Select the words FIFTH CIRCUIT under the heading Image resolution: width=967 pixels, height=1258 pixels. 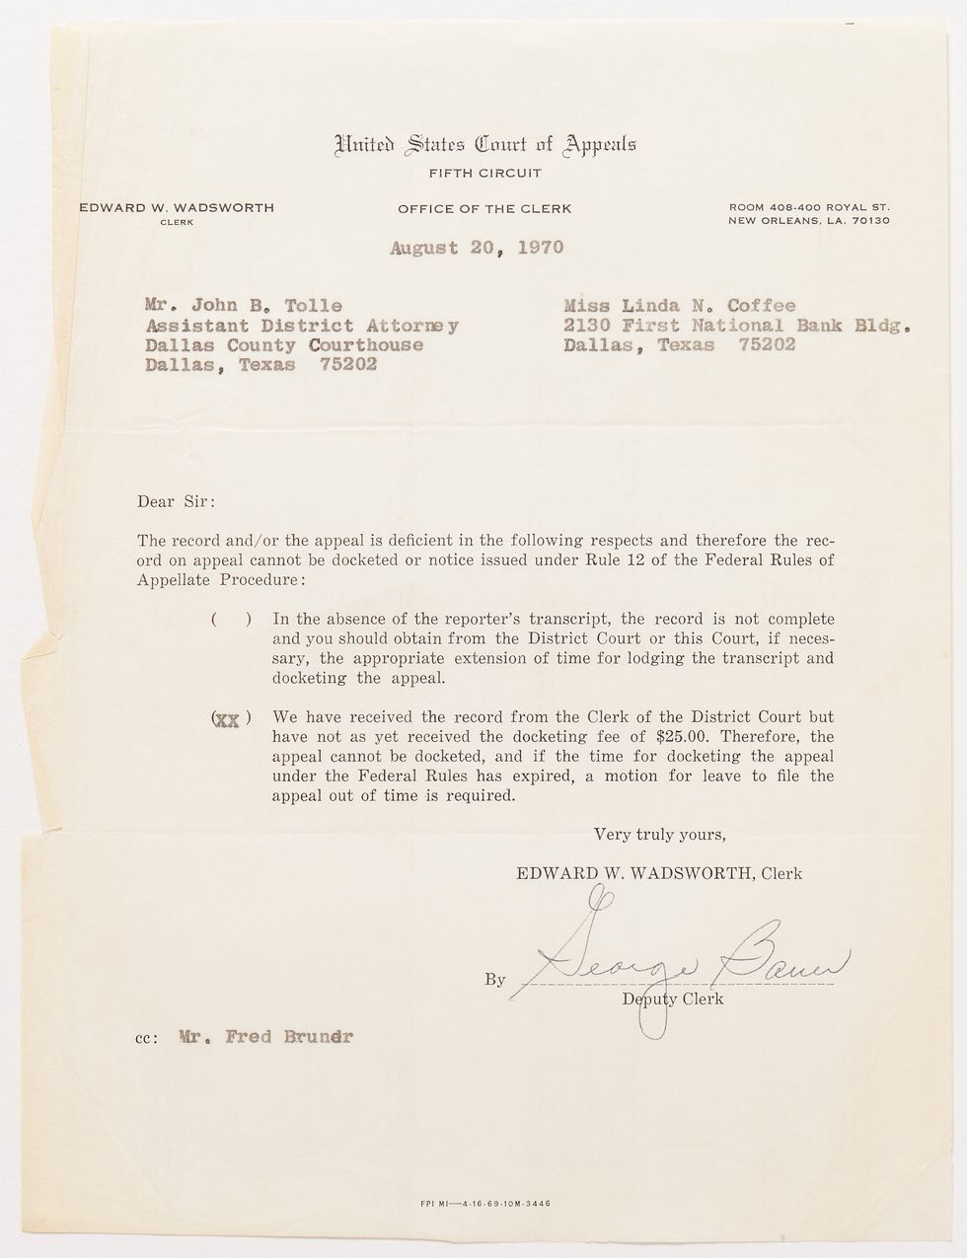pos(484,174)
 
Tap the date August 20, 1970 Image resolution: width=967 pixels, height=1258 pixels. pos(477,248)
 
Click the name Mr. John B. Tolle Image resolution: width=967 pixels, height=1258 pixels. pos(244,306)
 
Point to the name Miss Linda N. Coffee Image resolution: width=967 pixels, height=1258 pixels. pos(679,306)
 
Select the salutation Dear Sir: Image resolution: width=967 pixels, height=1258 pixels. pos(176,500)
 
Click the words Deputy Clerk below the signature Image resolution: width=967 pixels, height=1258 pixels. pos(673,999)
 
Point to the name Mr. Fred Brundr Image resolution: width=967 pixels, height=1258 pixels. pos(265,1037)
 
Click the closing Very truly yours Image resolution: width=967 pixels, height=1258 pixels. pos(660,834)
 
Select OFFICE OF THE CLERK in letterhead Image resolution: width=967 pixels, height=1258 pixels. pos(484,208)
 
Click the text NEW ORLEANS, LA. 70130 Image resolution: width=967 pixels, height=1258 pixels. pos(809,220)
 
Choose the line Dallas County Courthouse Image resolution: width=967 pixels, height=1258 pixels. pos(284,345)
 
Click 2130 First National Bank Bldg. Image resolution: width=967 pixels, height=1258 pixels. pos(736,326)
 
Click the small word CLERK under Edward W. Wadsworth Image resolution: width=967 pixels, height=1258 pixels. pos(177,222)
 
